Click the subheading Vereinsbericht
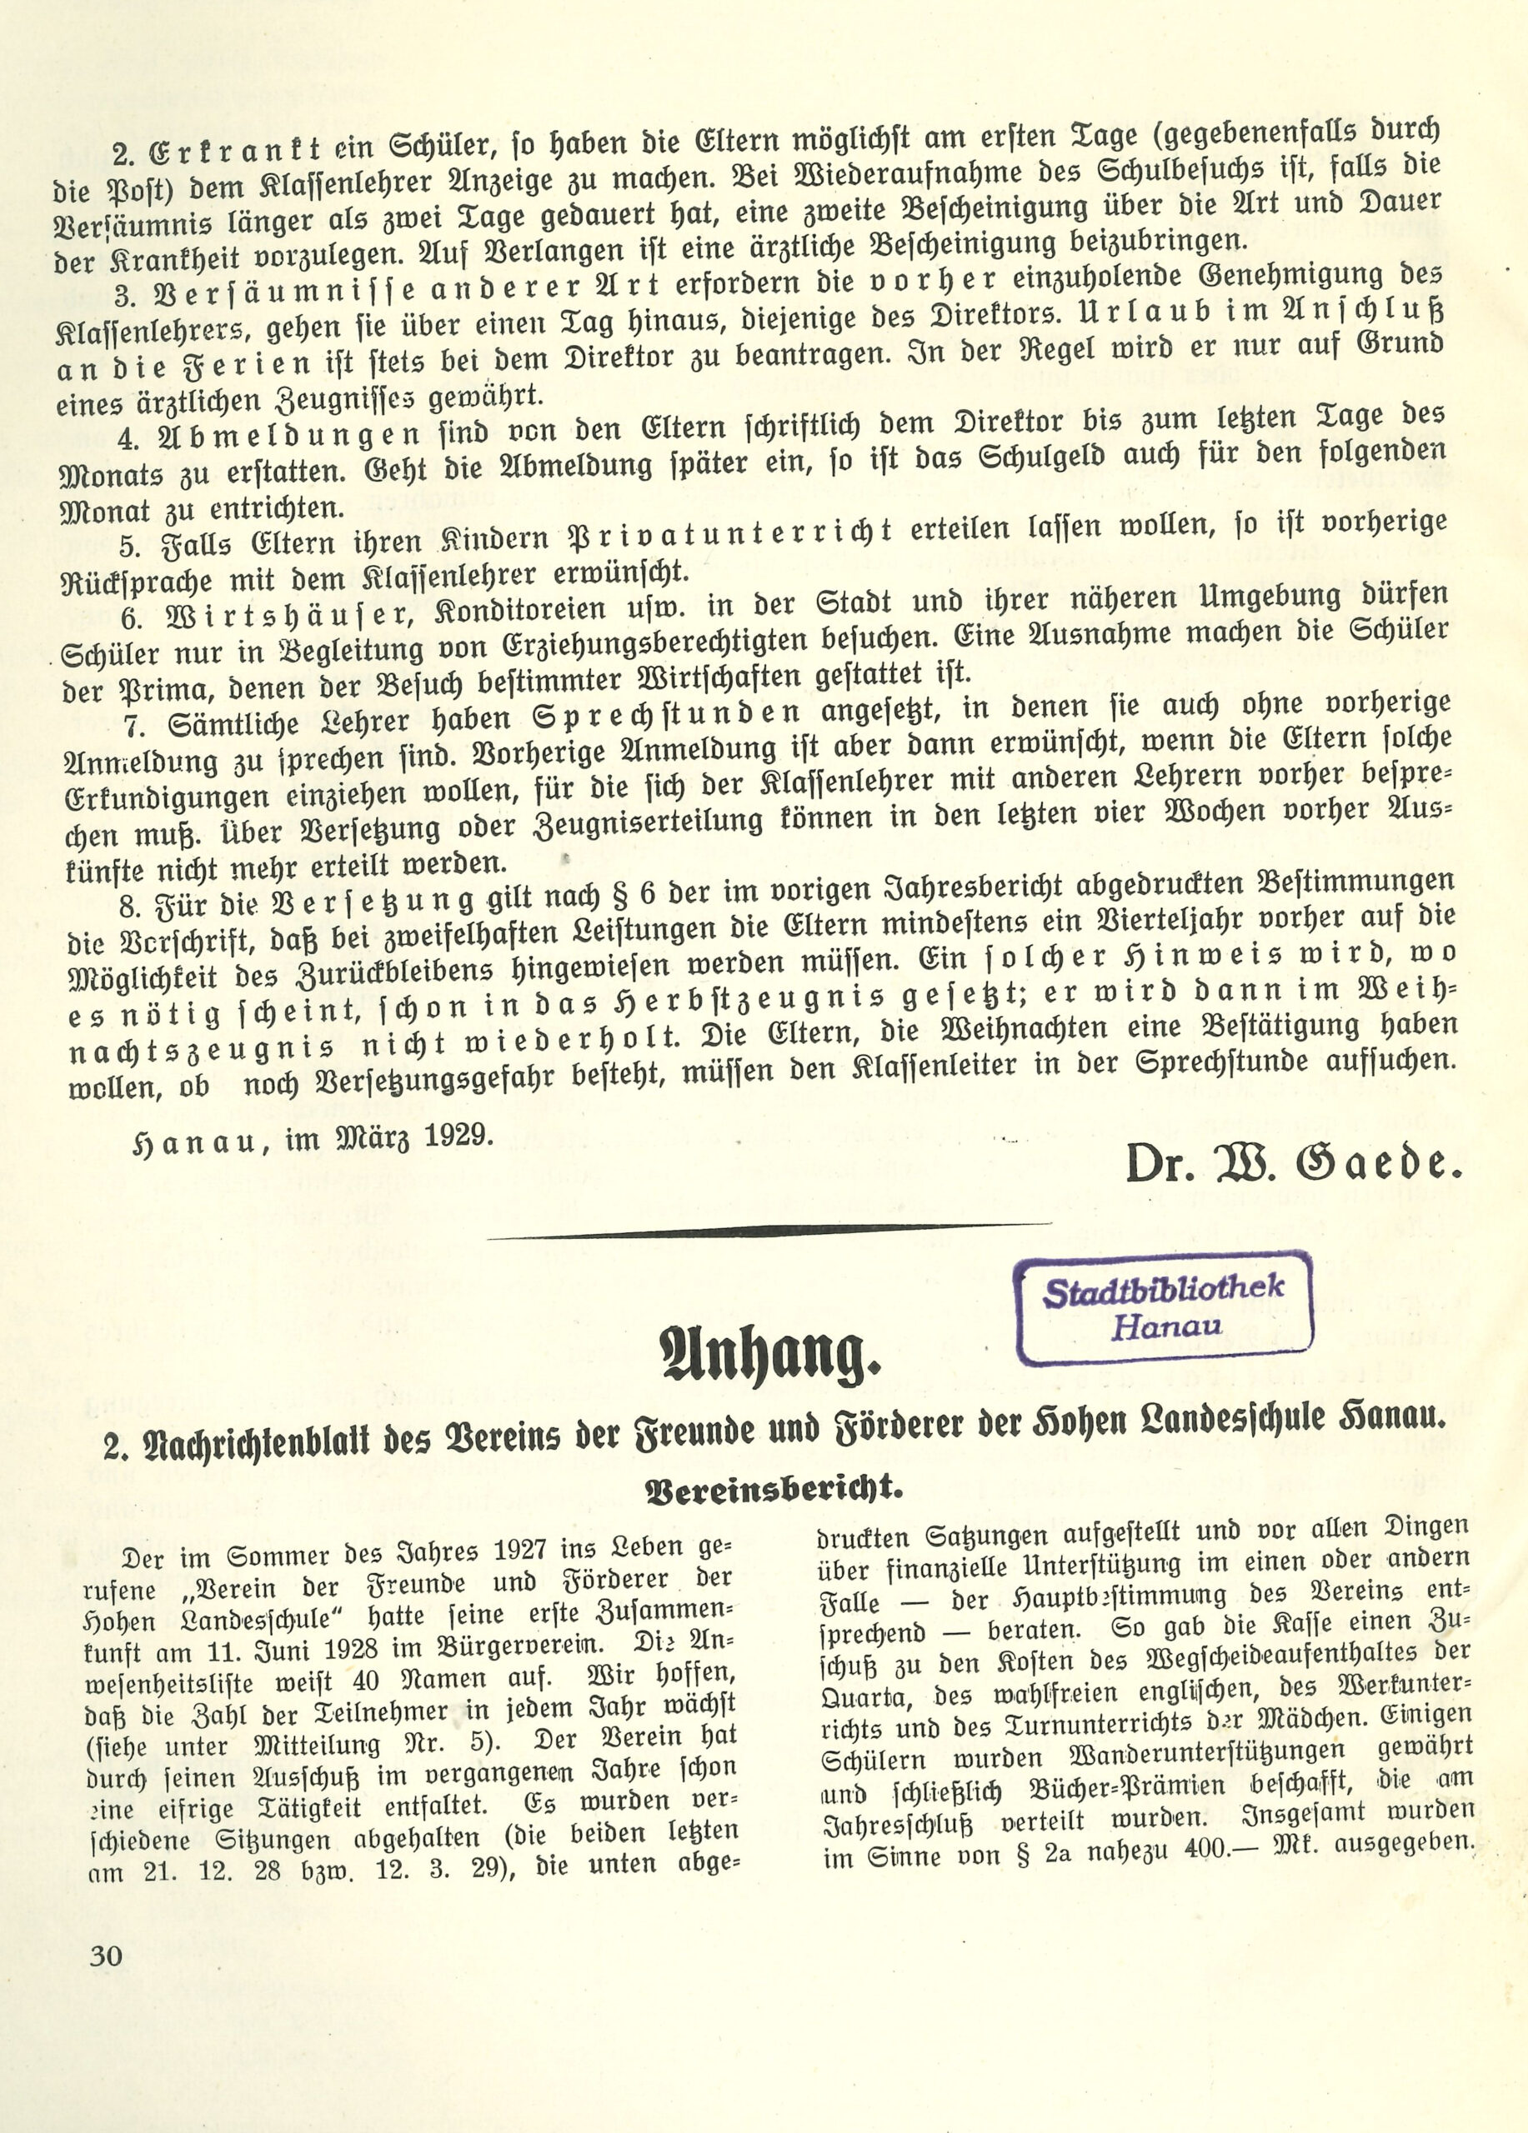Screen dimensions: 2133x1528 click(774, 1489)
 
